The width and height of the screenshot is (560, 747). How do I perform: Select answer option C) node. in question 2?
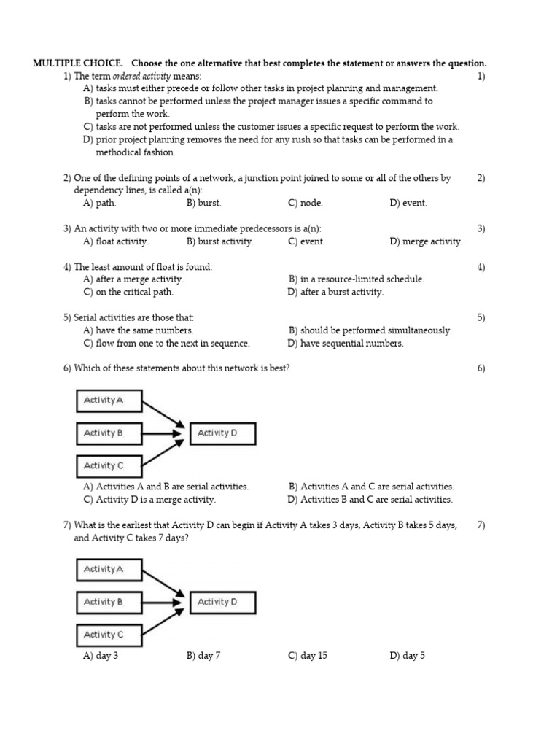point(306,204)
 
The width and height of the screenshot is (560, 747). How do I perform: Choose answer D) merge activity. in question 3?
point(426,241)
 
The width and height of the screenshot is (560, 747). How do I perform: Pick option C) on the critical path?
point(128,293)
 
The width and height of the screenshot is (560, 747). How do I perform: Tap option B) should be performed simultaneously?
point(370,330)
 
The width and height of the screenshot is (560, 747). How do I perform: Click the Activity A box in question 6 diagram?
point(109,400)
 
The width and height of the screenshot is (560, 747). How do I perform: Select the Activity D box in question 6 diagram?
point(222,433)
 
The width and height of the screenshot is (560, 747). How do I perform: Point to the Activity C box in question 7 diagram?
point(109,635)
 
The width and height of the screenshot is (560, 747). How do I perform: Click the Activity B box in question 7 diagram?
point(109,602)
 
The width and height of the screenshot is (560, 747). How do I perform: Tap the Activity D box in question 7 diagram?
point(222,602)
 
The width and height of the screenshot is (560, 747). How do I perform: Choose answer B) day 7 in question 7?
point(203,656)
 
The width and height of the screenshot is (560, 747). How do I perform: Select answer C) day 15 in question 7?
point(308,656)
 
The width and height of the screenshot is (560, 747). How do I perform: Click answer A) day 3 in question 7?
point(101,656)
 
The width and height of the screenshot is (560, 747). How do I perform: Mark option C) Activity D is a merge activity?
point(149,500)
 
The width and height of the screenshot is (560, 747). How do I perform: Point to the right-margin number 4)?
point(481,267)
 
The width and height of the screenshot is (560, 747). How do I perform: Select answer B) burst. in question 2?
point(203,204)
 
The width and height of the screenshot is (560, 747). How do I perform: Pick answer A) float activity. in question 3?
point(116,241)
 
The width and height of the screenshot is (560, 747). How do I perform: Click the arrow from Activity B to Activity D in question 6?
point(162,433)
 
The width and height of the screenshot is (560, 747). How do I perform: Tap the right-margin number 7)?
point(481,525)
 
